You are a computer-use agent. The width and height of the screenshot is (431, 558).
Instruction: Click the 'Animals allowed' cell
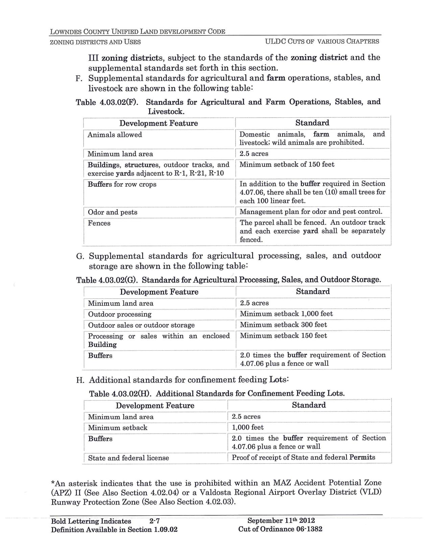coord(115,135)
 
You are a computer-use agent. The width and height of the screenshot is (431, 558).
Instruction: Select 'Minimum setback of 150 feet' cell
coord(287,165)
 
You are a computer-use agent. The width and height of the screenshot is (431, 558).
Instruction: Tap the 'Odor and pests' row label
coord(112,212)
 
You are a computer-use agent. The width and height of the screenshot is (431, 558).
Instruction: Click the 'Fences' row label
coord(99,223)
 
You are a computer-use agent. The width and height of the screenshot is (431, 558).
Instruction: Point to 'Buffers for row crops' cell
coord(122,184)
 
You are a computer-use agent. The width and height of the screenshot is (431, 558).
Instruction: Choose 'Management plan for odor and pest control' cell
coord(311,212)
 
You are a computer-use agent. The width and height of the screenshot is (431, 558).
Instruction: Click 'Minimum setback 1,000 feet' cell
coord(286,314)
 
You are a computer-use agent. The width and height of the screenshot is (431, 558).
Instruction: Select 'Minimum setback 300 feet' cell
coord(283,325)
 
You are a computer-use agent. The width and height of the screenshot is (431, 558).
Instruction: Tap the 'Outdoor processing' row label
coord(120,314)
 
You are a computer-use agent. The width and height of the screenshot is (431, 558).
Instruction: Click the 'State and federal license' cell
coord(128,458)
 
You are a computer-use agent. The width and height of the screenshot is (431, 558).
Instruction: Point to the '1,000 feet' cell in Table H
coord(247,427)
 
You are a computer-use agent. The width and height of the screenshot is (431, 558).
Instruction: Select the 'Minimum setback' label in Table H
coord(118,428)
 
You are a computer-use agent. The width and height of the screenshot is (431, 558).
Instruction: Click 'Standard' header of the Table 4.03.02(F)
coord(312,123)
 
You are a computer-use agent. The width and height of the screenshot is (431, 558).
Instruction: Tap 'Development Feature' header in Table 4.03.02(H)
coord(155,405)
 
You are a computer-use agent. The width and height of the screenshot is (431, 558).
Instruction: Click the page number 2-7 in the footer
coord(154,521)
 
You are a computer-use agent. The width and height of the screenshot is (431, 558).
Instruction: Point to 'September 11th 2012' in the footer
coord(281,521)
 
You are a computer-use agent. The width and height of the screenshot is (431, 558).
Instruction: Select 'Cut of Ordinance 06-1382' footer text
coord(280,529)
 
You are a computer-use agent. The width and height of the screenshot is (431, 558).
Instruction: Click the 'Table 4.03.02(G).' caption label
coord(108,280)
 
